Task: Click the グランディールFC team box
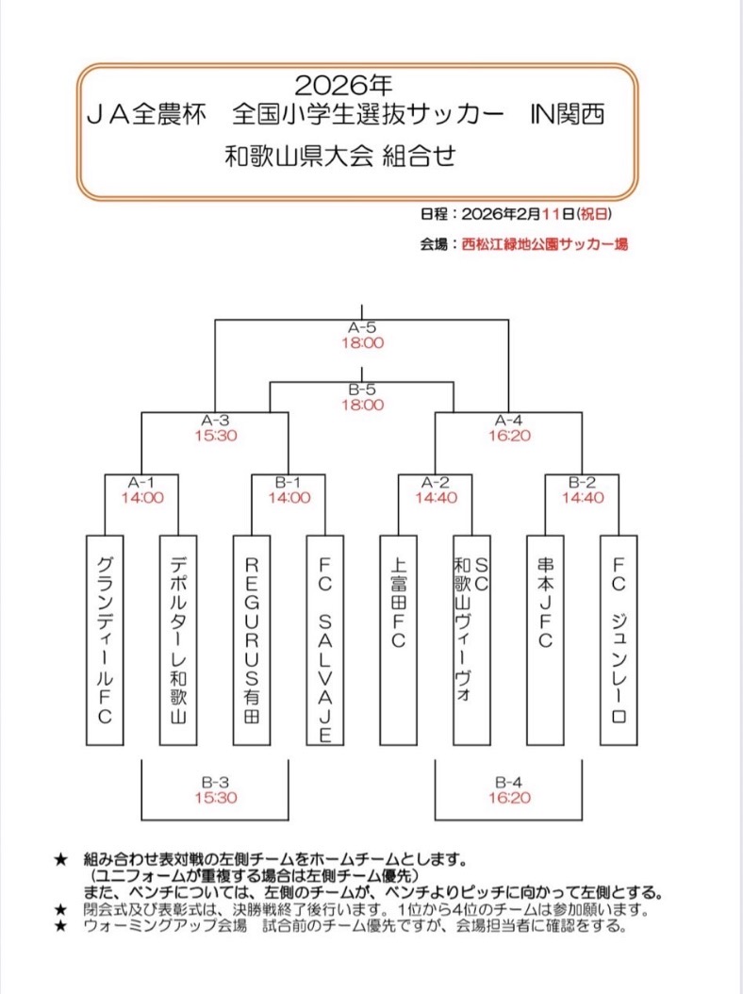click(105, 640)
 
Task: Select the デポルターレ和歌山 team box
click(178, 640)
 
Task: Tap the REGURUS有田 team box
click(252, 640)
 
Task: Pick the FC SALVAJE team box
click(325, 640)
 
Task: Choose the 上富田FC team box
click(399, 640)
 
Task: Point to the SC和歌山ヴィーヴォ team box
click(472, 640)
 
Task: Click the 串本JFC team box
click(546, 640)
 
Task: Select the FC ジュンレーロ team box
click(619, 640)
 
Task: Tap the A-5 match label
click(362, 328)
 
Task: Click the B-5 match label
click(362, 389)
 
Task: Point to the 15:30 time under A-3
click(215, 437)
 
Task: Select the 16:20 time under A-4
click(509, 437)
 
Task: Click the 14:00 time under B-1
click(289, 498)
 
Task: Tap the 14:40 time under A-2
click(436, 498)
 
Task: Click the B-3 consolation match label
click(215, 782)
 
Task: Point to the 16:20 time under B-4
click(509, 797)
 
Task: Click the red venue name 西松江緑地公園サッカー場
click(545, 243)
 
